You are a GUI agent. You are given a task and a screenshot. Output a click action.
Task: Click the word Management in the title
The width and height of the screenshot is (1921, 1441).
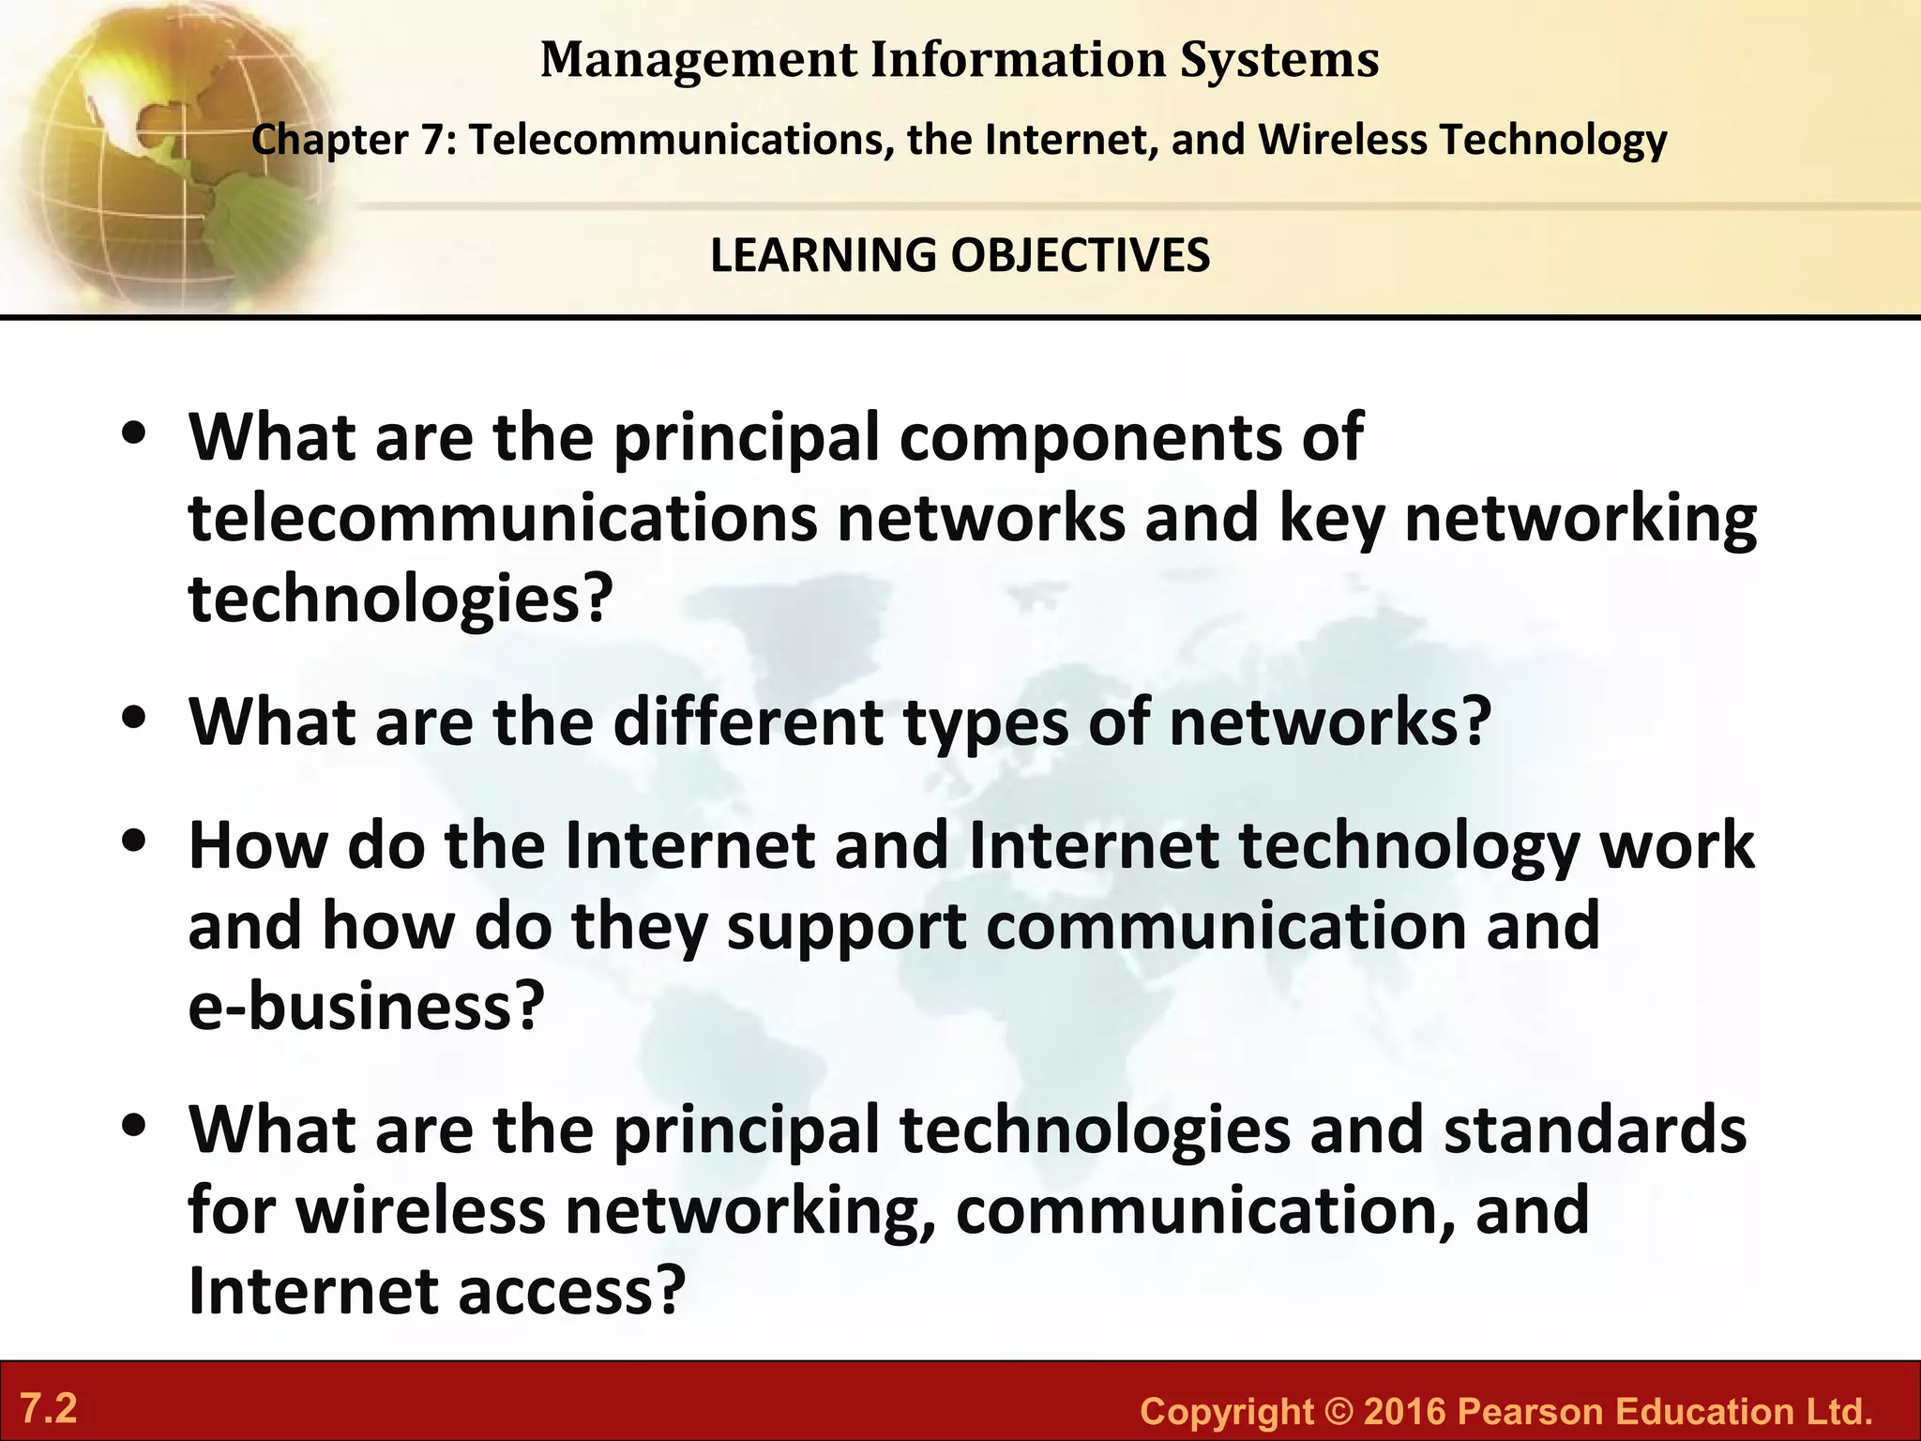[699, 60]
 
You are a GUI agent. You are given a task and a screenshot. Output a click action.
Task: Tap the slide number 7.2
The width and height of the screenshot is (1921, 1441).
[49, 1409]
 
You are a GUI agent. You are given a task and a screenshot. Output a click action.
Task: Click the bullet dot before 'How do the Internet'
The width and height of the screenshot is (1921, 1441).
[136, 842]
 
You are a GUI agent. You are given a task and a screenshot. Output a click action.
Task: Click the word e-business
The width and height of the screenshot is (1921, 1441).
[366, 1007]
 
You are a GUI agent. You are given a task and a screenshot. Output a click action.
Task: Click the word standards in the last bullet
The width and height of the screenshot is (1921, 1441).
[1595, 1130]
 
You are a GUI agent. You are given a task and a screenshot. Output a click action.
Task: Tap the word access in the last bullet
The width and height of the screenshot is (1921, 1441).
[559, 1291]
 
